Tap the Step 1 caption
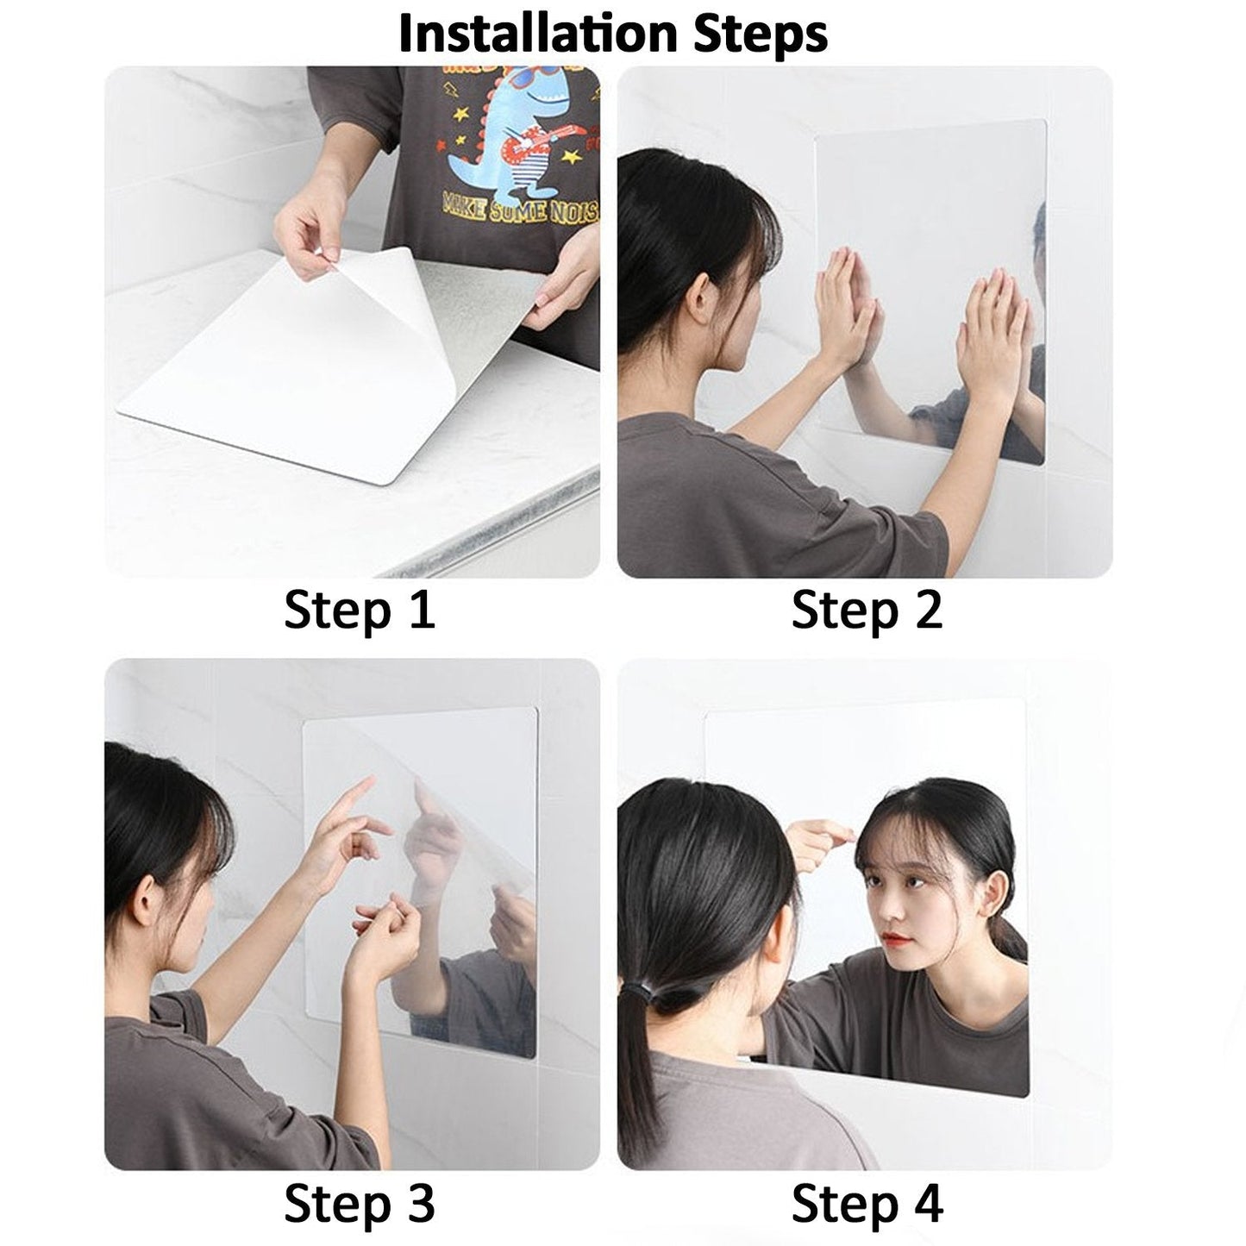pos(359,610)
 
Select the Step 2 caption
pos(867,610)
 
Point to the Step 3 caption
pos(359,1203)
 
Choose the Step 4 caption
pos(867,1203)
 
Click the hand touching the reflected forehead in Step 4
pos(819,836)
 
